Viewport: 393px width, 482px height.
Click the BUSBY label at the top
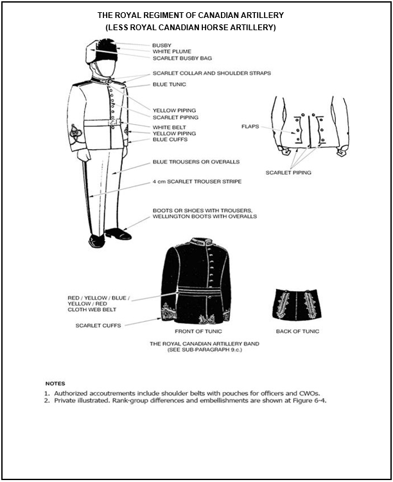tap(161, 45)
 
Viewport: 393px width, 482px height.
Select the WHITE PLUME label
tap(171, 51)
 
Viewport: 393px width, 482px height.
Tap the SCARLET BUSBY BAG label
tap(182, 58)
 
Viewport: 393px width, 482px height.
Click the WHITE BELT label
tap(170, 127)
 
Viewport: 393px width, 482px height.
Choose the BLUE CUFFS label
tap(169, 139)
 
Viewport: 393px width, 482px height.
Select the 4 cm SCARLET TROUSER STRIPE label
tap(197, 182)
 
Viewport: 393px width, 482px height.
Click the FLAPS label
tap(250, 127)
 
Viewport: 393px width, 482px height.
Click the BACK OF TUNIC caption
tap(297, 331)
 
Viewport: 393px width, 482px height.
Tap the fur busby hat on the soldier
tap(103, 49)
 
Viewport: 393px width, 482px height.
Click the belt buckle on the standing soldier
tap(113, 122)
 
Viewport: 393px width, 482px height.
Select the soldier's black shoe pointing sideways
tap(118, 234)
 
